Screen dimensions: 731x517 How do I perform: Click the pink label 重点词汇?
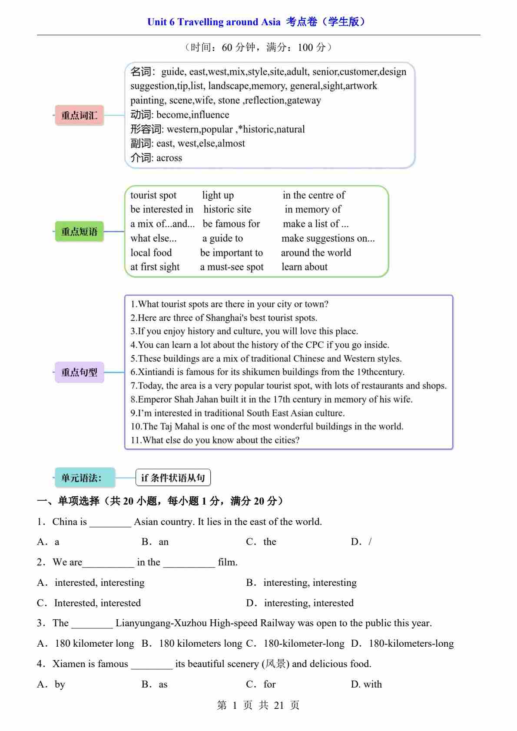pos(79,115)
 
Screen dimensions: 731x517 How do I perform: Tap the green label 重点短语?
pos(79,231)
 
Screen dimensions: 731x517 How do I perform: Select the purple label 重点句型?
pos(79,372)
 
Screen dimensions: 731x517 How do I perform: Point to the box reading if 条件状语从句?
pos(173,478)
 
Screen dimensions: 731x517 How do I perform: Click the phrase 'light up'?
pos(218,195)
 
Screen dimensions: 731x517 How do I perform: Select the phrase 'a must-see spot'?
pos(232,267)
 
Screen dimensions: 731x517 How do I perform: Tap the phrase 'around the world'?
pos(316,253)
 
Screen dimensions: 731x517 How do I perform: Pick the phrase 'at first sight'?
pos(155,267)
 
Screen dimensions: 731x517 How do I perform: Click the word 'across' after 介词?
pos(169,158)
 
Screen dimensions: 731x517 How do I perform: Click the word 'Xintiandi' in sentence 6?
pos(156,372)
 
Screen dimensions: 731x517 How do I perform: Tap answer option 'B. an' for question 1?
pos(155,542)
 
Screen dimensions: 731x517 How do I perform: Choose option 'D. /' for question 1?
pos(361,542)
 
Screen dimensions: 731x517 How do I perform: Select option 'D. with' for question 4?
pos(366,684)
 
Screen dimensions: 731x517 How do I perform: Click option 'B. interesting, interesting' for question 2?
pos(302,582)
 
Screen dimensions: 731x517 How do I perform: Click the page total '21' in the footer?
pos(278,705)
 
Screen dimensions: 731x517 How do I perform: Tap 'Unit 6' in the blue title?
pos(161,22)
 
